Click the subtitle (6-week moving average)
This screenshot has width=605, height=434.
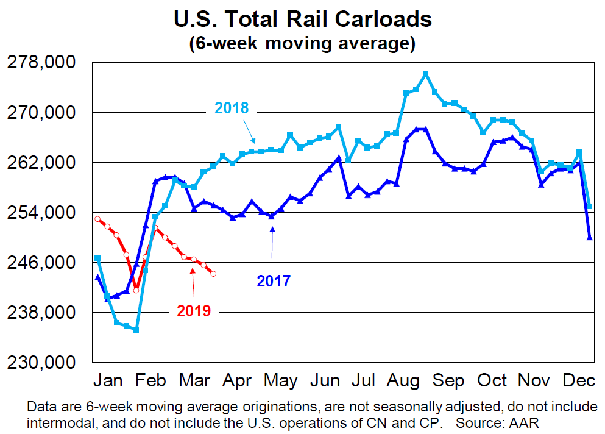coord(302,44)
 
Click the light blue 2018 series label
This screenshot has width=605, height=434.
coord(231,108)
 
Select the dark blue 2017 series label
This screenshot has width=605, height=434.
coord(273,281)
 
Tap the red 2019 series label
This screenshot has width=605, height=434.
coord(193,311)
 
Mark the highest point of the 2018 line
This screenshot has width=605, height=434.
coord(425,74)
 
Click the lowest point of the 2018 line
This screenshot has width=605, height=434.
coord(136,329)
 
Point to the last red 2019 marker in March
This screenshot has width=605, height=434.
coord(213,274)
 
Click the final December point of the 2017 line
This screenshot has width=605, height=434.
coord(589,238)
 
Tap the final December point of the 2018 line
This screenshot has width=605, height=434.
coord(589,207)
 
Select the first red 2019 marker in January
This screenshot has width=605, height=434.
coord(97,219)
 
